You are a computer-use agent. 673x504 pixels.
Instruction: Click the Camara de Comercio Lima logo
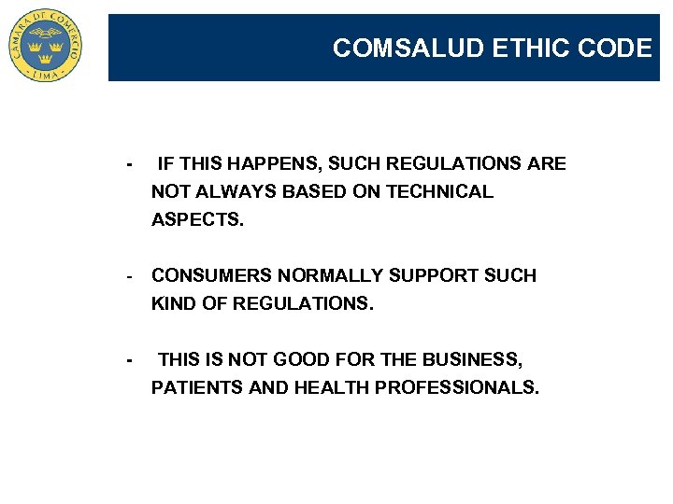click(x=46, y=45)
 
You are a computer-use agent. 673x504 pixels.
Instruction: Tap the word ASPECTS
click(x=196, y=220)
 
